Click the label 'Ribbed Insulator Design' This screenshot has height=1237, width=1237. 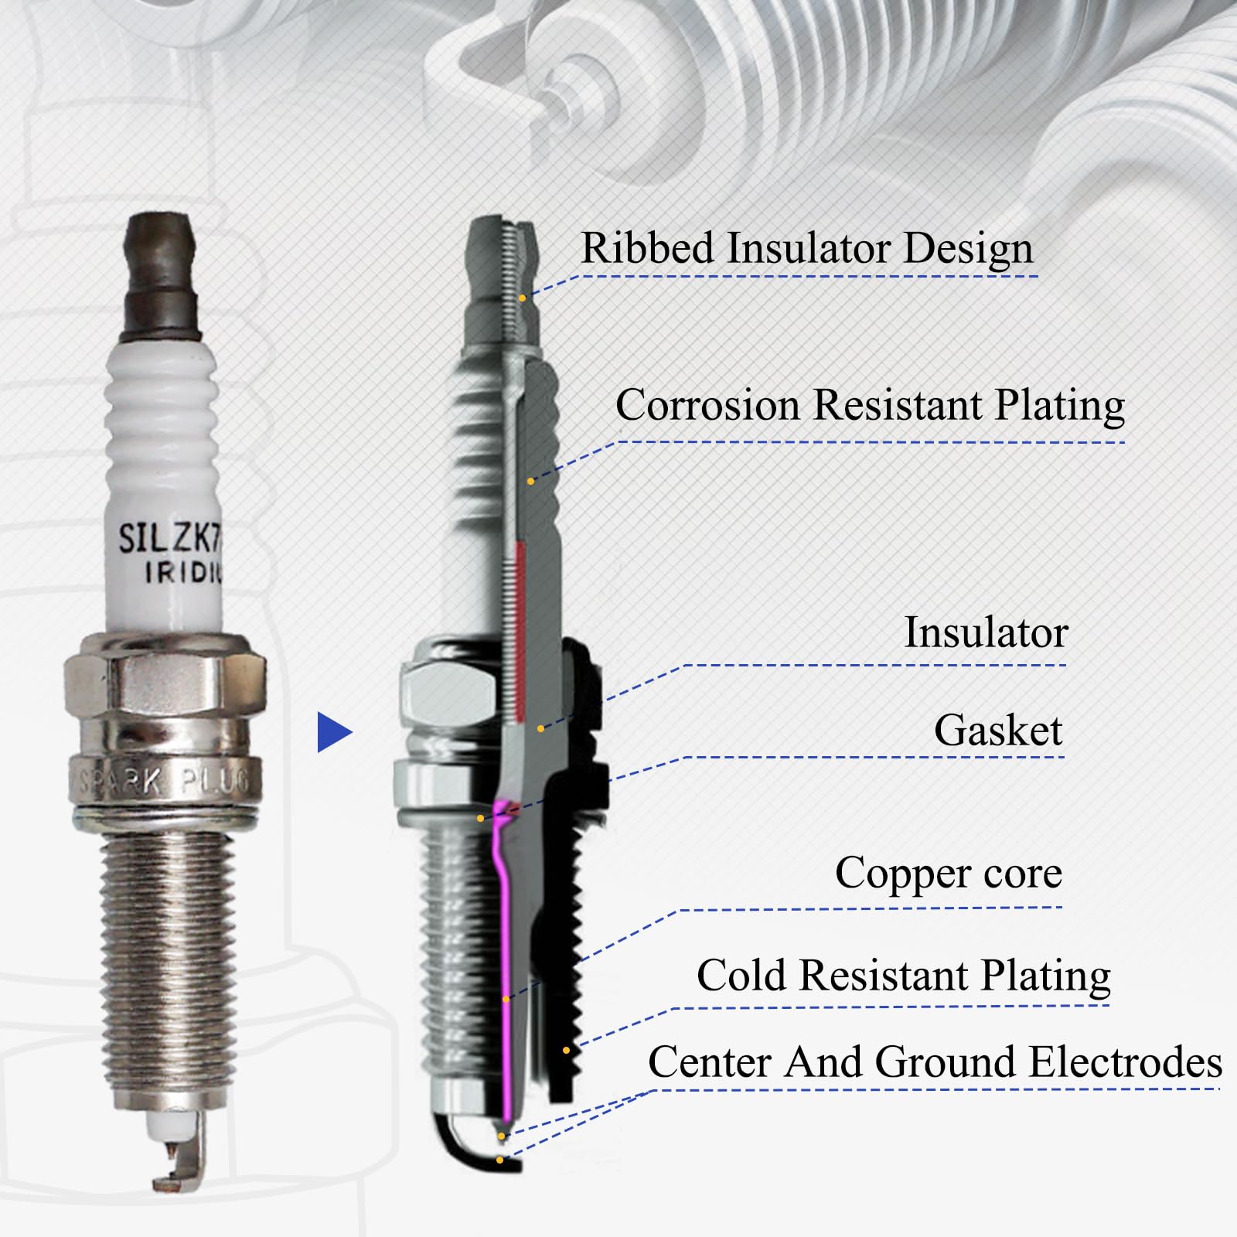click(x=806, y=249)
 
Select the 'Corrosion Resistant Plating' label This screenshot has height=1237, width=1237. click(x=870, y=405)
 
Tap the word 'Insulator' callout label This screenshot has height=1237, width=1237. click(x=986, y=632)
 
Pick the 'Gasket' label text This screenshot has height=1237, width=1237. click(x=998, y=731)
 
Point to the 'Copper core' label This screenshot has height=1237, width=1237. click(x=949, y=874)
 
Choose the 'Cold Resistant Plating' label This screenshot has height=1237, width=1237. click(x=903, y=975)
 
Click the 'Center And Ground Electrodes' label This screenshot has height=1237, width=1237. click(x=935, y=1062)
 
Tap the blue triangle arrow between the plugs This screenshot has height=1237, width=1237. click(x=332, y=732)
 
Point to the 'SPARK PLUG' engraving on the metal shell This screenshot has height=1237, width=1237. click(x=166, y=783)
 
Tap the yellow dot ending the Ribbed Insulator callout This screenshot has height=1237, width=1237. click(x=523, y=298)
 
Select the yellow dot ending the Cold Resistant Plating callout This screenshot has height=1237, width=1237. click(x=566, y=1050)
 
